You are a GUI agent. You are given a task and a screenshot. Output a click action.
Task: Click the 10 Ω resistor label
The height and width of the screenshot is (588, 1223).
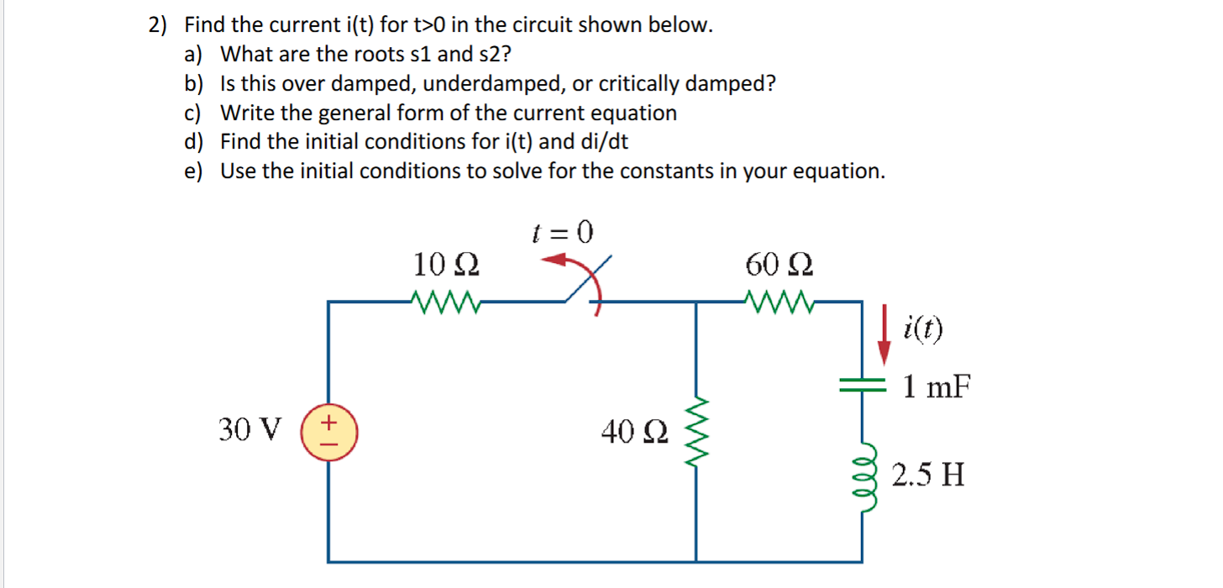pyautogui.click(x=446, y=265)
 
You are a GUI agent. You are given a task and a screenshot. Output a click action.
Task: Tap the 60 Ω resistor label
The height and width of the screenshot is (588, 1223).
pyautogui.click(x=779, y=265)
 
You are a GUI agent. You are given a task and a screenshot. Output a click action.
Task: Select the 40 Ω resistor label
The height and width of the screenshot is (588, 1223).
pyautogui.click(x=635, y=433)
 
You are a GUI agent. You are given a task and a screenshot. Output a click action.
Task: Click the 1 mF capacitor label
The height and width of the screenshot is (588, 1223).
pyautogui.click(x=937, y=387)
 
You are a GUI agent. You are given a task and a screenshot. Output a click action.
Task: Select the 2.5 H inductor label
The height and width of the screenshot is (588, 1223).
pyautogui.click(x=927, y=475)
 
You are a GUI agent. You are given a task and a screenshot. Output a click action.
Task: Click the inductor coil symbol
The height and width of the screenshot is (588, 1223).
pyautogui.click(x=862, y=474)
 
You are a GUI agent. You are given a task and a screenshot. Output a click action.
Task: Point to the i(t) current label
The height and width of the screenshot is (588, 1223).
pyautogui.click(x=924, y=327)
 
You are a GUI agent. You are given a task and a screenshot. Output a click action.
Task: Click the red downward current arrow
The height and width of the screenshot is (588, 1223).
pyautogui.click(x=884, y=337)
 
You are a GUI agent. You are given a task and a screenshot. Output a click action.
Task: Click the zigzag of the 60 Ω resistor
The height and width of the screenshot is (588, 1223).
pyautogui.click(x=779, y=299)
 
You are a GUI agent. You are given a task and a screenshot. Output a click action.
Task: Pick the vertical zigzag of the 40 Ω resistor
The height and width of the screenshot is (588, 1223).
pyautogui.click(x=697, y=433)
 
